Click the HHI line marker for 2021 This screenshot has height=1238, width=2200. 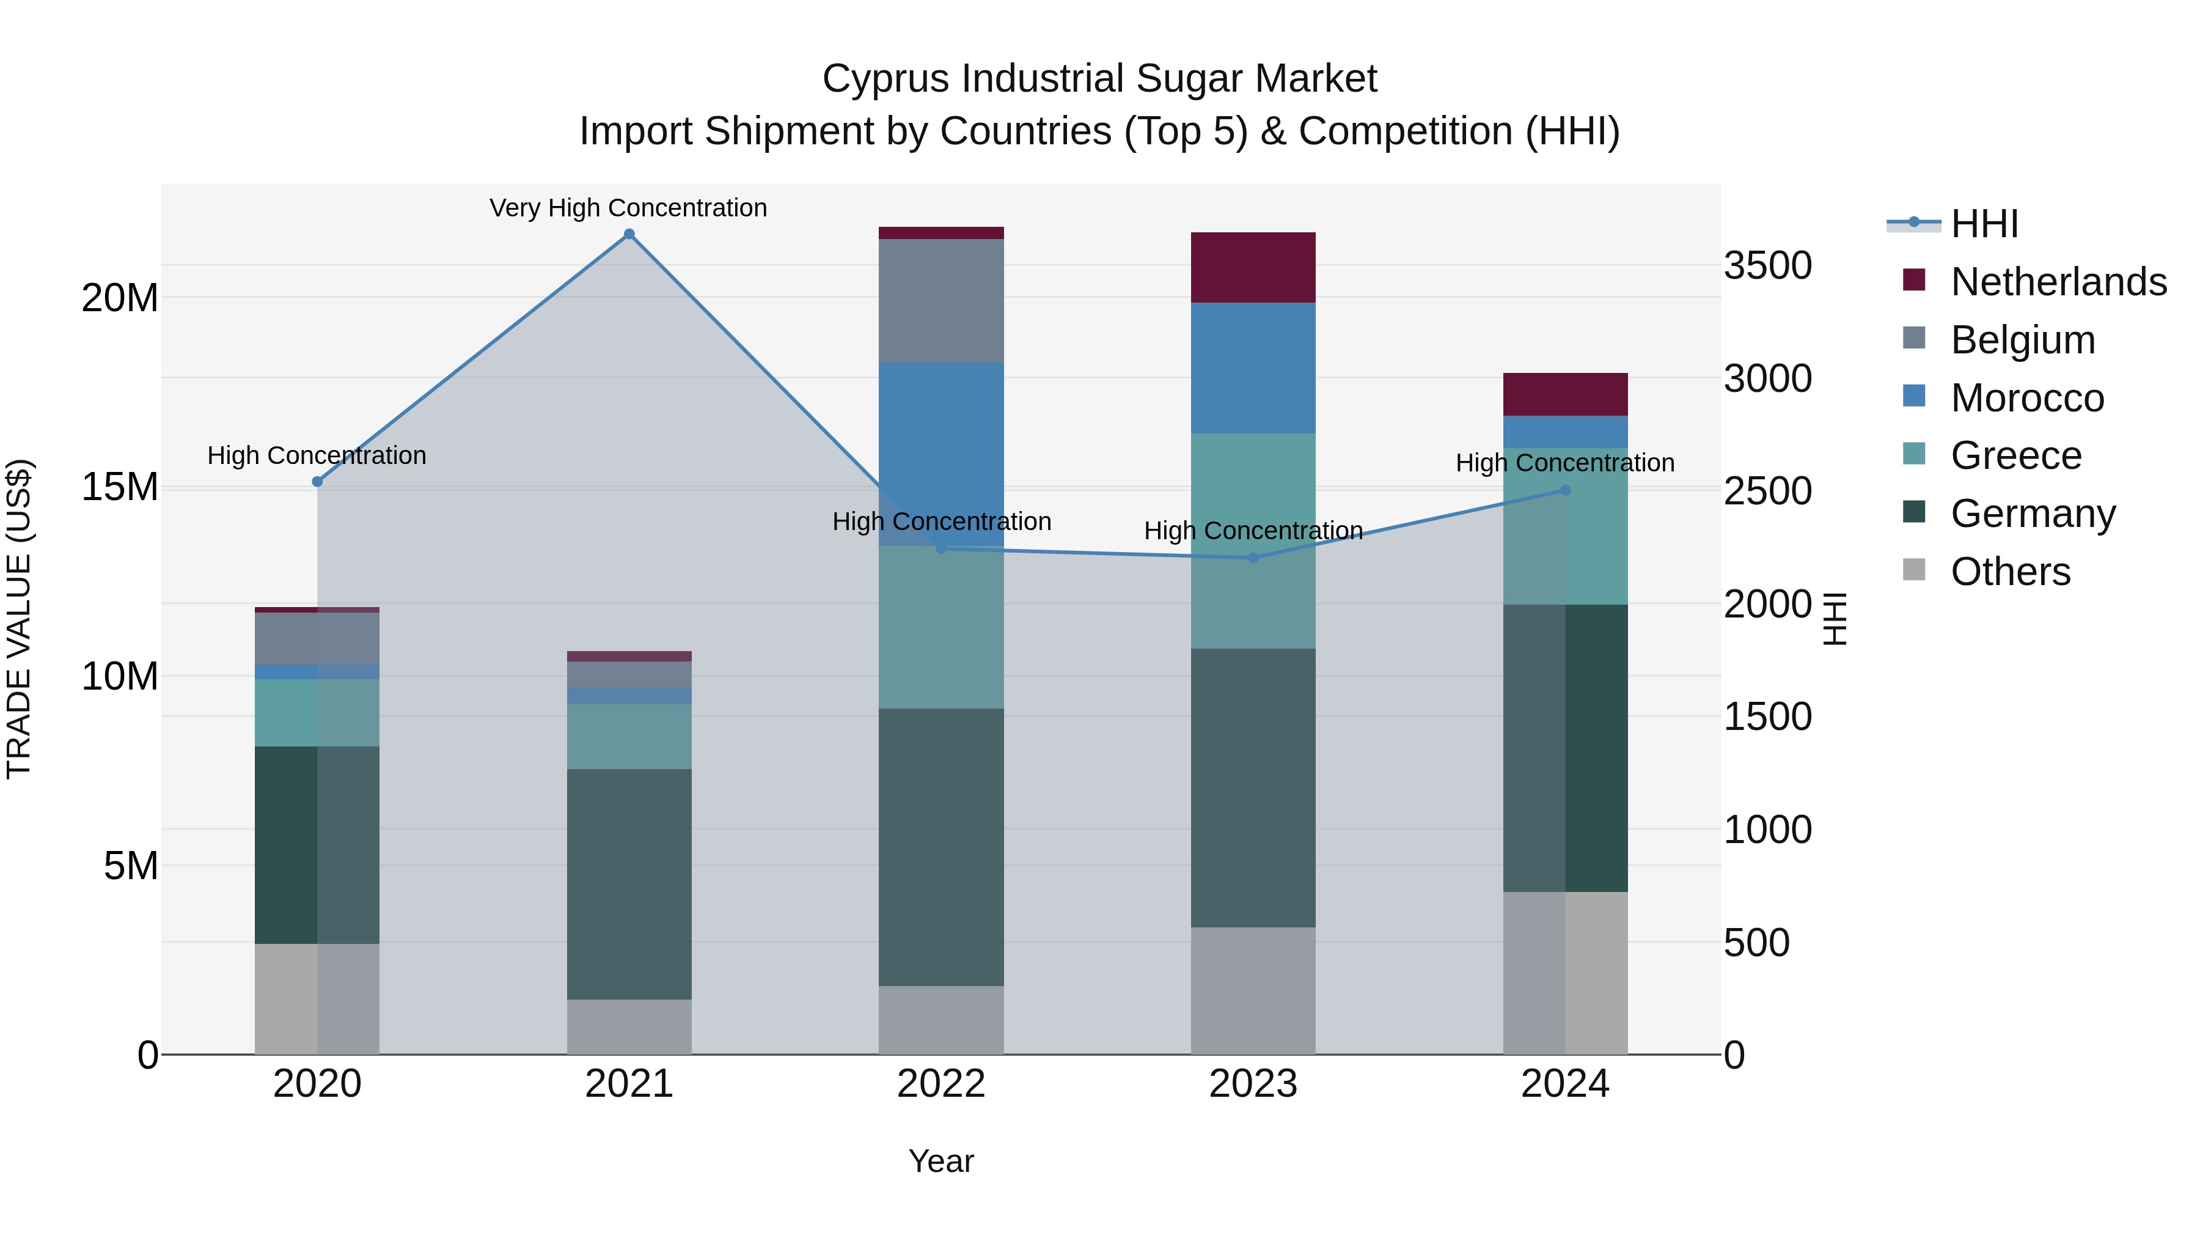click(629, 234)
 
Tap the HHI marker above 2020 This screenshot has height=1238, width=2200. click(317, 482)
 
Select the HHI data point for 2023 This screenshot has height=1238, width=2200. click(1253, 558)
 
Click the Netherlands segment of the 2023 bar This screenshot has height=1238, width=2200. click(1253, 267)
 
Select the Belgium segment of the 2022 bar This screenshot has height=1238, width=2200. click(941, 301)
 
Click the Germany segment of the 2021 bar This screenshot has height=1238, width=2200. click(629, 884)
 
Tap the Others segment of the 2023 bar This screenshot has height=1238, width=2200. click(1253, 991)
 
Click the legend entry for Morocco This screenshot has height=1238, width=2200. click(2026, 398)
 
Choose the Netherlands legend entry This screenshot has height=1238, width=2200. click(2058, 282)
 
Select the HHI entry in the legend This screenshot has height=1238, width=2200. click(1984, 224)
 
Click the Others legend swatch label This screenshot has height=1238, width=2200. click(2009, 572)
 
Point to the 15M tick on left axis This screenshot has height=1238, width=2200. click(120, 487)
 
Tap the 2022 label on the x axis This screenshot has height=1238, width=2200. click(941, 1084)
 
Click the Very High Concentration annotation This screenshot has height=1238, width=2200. click(629, 208)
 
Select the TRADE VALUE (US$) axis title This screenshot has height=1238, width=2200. click(19, 619)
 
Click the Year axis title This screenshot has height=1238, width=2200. click(941, 1161)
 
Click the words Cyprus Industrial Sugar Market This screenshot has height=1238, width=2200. click(1099, 79)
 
